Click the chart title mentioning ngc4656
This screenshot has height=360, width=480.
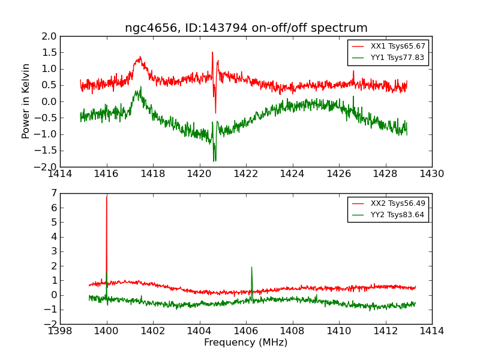pos(246,28)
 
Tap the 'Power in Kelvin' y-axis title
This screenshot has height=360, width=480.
pos(26,101)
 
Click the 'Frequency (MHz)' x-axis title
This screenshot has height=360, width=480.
pos(246,343)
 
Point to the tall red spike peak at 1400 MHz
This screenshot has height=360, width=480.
pos(107,197)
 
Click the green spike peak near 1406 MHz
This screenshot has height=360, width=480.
pos(251,267)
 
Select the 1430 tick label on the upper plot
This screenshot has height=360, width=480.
pos(431,174)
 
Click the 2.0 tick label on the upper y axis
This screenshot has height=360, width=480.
pos(50,37)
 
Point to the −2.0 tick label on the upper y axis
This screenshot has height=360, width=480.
pos(47,167)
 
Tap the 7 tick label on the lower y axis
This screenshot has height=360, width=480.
pos(54,193)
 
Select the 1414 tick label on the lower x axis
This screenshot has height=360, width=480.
pos(431,331)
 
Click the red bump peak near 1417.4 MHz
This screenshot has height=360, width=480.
pos(140,58)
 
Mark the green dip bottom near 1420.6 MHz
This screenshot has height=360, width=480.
pos(214,161)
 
